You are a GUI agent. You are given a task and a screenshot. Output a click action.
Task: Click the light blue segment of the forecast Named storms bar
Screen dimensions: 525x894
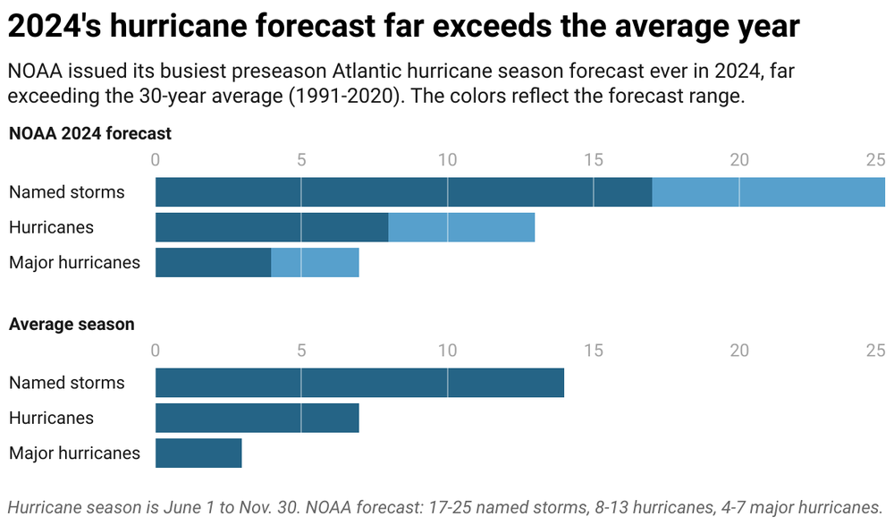[768, 192]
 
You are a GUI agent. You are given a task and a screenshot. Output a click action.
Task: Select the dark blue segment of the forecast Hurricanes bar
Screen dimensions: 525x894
[272, 227]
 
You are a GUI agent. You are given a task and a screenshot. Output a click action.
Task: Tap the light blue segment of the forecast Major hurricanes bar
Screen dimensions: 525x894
[315, 262]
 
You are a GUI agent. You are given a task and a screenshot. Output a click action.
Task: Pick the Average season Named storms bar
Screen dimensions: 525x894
[359, 383]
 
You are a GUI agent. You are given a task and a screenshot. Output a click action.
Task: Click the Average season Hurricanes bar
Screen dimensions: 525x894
[257, 418]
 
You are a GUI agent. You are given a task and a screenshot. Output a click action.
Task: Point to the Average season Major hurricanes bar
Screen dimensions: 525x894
[198, 453]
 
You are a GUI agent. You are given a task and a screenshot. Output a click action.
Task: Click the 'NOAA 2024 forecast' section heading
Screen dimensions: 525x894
[90, 134]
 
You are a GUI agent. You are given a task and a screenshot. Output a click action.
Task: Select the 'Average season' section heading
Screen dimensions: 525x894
[72, 325]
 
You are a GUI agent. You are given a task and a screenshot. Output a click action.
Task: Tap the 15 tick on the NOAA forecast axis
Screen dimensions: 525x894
[593, 160]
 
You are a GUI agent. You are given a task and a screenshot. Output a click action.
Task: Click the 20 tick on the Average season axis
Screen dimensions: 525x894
[738, 351]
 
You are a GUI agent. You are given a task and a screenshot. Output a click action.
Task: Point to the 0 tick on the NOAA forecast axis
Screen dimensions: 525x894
[156, 160]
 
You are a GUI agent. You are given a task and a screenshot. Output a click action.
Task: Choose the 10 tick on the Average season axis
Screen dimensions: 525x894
[447, 351]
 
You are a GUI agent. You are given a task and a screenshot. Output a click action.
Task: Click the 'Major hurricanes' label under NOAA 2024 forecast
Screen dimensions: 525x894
[74, 262]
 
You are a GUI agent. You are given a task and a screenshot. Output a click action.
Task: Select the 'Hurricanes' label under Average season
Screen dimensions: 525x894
[51, 418]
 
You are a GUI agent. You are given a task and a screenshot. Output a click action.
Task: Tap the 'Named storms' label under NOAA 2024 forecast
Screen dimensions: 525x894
[67, 192]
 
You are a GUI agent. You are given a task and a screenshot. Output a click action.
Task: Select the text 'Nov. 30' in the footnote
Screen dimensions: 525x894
[265, 507]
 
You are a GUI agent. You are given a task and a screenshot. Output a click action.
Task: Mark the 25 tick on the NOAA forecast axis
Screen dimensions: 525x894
[875, 160]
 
